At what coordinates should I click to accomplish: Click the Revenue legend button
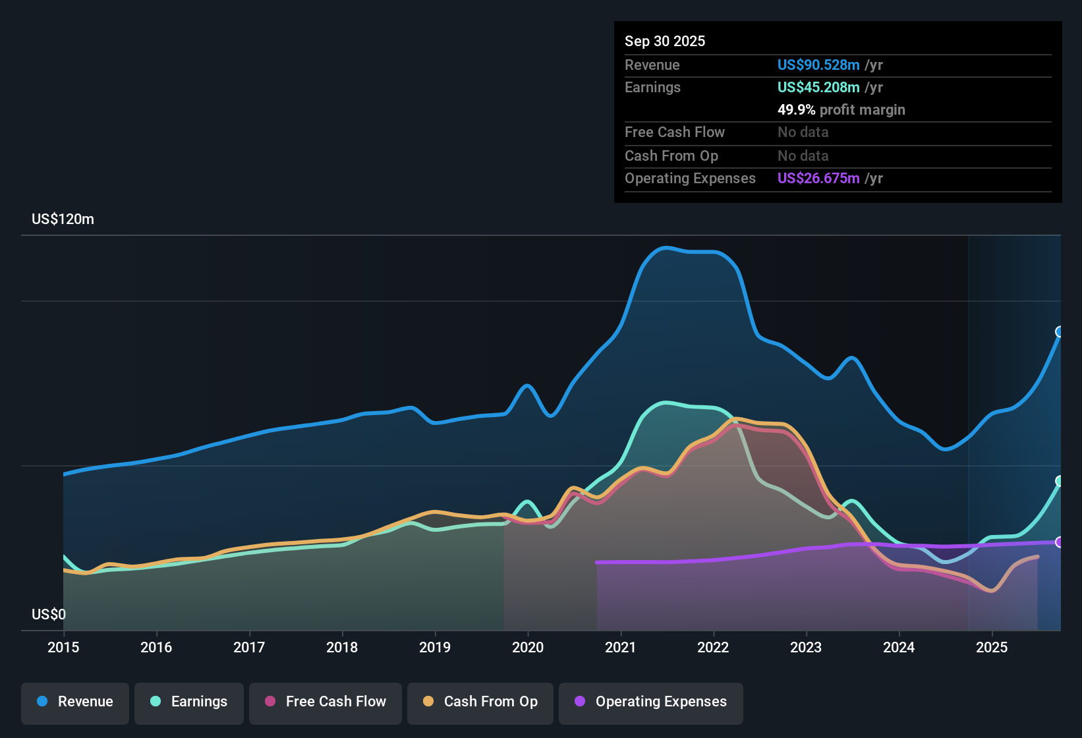click(x=75, y=702)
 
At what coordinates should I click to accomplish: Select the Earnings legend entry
click(x=189, y=702)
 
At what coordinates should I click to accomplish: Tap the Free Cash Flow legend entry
click(x=326, y=702)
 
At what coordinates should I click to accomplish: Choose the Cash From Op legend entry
click(x=480, y=702)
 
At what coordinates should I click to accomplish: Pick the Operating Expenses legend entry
click(x=651, y=702)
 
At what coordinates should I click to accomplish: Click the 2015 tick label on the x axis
click(x=63, y=648)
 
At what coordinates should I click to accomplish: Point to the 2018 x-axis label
click(x=342, y=648)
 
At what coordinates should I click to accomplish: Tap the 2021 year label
click(x=620, y=648)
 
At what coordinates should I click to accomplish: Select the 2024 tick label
click(x=899, y=648)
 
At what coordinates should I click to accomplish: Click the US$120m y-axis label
click(x=63, y=219)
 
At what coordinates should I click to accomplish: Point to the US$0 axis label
click(x=49, y=615)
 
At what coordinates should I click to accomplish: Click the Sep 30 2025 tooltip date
click(x=665, y=42)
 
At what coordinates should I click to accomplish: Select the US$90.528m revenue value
click(x=818, y=65)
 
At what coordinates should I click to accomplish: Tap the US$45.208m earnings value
click(x=818, y=88)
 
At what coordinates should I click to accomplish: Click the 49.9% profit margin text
click(x=841, y=110)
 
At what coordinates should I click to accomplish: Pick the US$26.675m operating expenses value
click(x=818, y=179)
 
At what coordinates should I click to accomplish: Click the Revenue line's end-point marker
click(x=1060, y=331)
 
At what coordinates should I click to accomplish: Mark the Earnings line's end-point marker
click(x=1060, y=481)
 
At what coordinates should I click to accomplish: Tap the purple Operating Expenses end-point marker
click(x=1060, y=542)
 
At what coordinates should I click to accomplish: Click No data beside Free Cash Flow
click(x=803, y=132)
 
